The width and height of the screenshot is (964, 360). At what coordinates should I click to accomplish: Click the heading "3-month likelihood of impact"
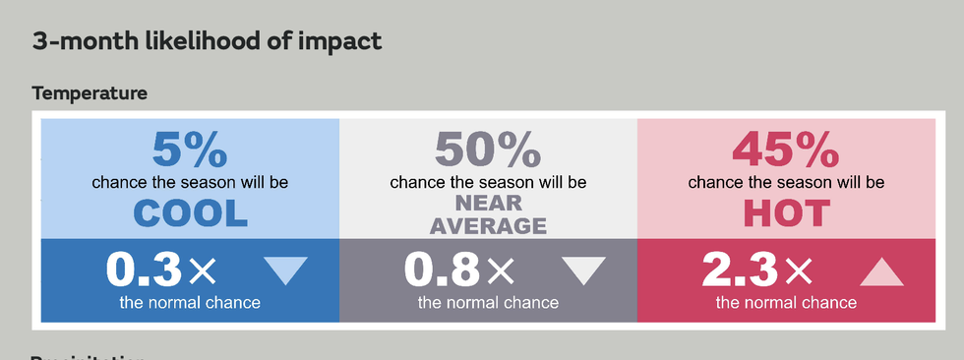click(x=207, y=41)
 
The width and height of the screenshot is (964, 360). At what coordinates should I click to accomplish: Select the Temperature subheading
click(x=90, y=93)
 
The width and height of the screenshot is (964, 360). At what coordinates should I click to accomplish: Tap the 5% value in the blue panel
click(x=190, y=150)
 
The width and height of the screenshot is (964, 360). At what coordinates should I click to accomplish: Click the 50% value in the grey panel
click(x=488, y=150)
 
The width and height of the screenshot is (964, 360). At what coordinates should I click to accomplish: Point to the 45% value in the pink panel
click(x=785, y=150)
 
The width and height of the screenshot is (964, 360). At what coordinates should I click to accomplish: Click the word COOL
click(x=190, y=212)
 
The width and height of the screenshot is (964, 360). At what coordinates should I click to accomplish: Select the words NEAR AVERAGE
click(x=488, y=214)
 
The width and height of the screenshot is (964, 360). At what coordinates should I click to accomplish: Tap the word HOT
click(x=786, y=212)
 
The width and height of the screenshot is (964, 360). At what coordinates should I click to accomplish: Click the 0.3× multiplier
click(x=160, y=269)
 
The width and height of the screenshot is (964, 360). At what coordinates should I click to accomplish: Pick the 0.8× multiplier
click(x=458, y=269)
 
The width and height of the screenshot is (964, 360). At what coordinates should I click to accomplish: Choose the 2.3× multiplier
click(x=756, y=269)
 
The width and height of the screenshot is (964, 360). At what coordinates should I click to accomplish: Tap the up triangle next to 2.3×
click(x=881, y=270)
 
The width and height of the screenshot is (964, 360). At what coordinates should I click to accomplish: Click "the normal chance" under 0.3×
click(x=190, y=302)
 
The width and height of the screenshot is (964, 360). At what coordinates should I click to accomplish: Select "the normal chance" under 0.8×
click(x=488, y=302)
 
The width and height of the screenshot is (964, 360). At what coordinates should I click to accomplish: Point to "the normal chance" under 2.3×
click(x=786, y=302)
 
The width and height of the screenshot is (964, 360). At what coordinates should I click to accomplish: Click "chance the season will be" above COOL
click(x=190, y=182)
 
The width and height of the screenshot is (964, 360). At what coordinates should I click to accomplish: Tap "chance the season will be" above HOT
click(x=786, y=182)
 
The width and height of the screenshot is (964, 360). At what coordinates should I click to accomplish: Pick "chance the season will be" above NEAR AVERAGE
click(x=488, y=182)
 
